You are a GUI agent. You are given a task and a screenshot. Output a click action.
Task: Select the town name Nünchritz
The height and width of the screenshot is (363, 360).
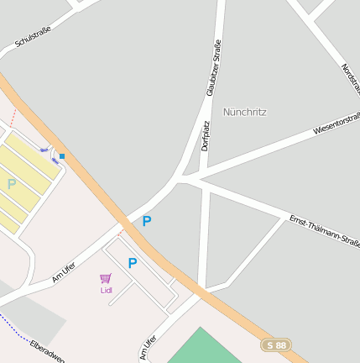pos(245,112)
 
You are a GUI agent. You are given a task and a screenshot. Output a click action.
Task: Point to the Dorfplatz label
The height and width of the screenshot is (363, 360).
pos(206,135)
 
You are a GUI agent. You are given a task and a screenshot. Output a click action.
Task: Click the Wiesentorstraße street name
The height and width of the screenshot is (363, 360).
pos(336,124)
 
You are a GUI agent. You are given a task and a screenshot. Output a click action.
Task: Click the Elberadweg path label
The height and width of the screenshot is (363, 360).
pos(47,352)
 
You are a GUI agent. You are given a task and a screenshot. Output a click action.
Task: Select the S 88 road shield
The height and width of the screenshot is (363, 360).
pos(276,345)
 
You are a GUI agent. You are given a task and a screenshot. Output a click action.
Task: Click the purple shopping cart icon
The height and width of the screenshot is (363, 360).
pos(106,278)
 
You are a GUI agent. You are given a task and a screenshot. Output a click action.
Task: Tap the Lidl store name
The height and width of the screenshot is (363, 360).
pos(107,291)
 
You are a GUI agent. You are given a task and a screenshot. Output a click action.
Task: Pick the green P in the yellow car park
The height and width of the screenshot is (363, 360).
pos(11,183)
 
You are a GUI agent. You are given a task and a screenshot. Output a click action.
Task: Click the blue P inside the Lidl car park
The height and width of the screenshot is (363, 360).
pos(132,263)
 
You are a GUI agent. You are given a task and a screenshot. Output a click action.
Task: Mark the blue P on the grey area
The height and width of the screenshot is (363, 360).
pos(147,222)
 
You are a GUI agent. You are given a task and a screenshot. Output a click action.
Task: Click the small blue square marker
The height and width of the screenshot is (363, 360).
pos(62,156)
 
